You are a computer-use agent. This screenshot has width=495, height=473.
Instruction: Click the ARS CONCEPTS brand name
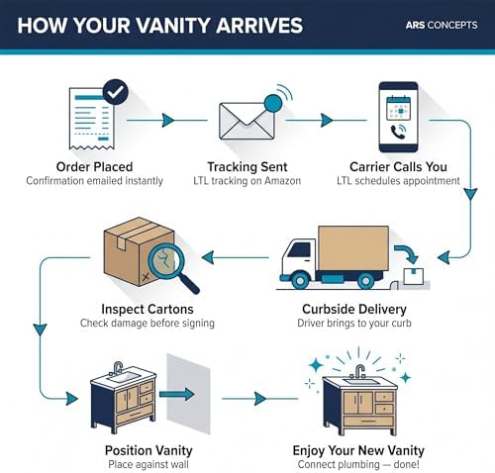tap(442, 25)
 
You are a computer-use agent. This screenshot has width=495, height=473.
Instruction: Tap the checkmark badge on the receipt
tap(116, 92)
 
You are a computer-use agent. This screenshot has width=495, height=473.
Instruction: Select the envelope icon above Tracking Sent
tap(247, 121)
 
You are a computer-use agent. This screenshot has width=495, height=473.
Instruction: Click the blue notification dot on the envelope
tap(273, 103)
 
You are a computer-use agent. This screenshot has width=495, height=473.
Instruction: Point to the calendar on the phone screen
tap(398, 108)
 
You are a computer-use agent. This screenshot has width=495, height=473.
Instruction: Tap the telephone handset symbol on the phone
tap(398, 132)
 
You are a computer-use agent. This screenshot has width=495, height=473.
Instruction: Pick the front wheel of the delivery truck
tap(300, 281)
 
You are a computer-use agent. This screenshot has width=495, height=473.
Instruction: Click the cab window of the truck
tap(299, 249)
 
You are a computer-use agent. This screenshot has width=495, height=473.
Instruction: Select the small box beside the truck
tap(414, 276)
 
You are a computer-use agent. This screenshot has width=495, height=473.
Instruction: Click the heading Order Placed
tap(94, 167)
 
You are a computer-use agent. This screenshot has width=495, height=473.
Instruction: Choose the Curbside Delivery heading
tap(354, 309)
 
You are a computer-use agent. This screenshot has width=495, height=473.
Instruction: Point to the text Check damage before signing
tap(148, 323)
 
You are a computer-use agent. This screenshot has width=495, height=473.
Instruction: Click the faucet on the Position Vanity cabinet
tap(118, 368)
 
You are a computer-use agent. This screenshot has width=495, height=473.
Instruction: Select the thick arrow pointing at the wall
tap(177, 394)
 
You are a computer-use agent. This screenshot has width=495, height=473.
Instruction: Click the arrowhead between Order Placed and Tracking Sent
tap(168, 121)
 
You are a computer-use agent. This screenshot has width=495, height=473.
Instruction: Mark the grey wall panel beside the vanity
tap(188, 394)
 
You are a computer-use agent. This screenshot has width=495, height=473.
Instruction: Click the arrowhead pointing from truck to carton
tap(208, 257)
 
